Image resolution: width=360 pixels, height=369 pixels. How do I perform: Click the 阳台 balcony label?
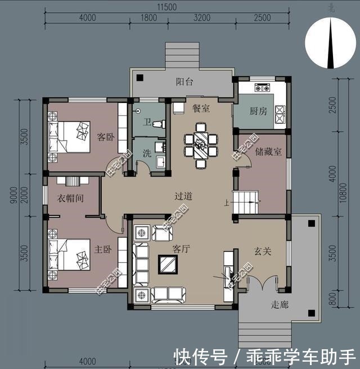(x=184, y=82)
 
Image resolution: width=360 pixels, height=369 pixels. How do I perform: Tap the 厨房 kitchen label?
(x=258, y=111)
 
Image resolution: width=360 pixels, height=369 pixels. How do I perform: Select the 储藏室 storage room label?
(x=268, y=152)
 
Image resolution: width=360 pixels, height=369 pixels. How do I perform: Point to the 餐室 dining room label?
(x=201, y=108)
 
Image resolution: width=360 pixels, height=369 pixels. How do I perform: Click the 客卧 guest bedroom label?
(x=106, y=136)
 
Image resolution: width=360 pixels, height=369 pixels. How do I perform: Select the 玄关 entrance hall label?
(x=262, y=251)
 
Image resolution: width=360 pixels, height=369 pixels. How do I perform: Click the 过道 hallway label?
(x=183, y=196)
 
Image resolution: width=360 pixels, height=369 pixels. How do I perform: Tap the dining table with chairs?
(x=201, y=147)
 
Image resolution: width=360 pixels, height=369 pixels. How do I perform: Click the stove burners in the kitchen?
(x=262, y=88)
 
